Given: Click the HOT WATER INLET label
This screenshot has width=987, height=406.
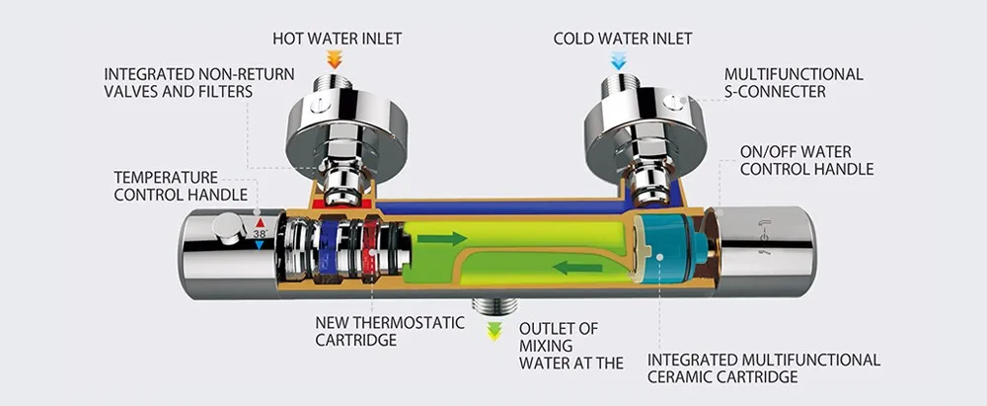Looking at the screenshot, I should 337,39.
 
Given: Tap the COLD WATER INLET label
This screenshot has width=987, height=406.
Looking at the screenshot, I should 622,39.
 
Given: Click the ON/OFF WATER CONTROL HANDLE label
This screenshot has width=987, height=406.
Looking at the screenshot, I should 806,160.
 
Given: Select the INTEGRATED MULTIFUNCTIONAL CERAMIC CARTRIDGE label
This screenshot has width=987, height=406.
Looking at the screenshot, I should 763,367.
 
